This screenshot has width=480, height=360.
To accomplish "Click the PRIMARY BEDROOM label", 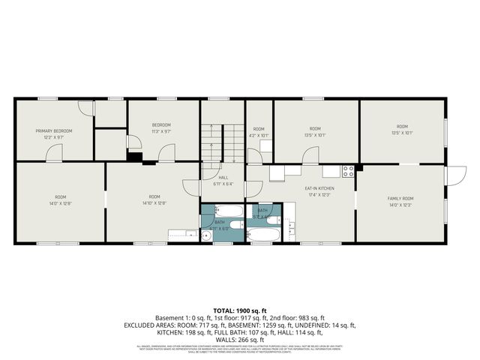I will (x=53, y=130).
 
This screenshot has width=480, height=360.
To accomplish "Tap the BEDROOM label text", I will (x=162, y=124).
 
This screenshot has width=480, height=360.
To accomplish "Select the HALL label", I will (x=223, y=177).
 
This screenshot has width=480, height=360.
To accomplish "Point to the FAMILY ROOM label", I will (x=400, y=199).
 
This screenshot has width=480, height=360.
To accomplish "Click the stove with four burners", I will (x=348, y=171).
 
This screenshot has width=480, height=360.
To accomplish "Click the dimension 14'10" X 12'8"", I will (x=154, y=202).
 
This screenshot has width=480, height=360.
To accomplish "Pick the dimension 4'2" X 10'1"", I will (x=259, y=136).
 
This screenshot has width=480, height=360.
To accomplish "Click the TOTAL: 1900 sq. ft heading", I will (x=239, y=310).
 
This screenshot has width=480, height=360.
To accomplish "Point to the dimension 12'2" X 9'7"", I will (x=53, y=137).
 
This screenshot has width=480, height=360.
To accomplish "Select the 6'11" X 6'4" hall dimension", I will (x=223, y=184).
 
